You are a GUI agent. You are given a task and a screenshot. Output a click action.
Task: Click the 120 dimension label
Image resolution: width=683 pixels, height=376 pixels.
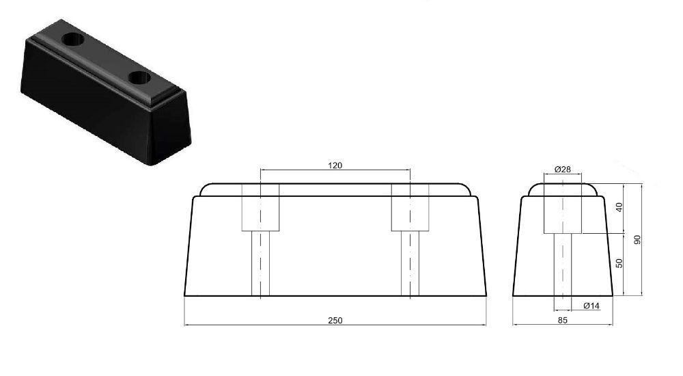[335, 165]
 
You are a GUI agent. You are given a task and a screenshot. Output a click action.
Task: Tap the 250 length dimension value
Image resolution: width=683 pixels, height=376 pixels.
[335, 320]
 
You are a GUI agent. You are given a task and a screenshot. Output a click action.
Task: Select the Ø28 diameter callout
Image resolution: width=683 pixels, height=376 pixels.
[563, 169]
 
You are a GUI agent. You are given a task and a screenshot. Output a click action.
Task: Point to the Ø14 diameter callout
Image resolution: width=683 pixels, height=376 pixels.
[591, 306]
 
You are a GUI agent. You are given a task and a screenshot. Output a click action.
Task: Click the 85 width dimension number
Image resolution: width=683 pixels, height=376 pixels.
[562, 320]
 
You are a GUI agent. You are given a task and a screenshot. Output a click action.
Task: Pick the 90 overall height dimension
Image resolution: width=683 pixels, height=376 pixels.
[638, 240]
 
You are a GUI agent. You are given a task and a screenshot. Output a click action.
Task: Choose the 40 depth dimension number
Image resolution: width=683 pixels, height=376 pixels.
[619, 208]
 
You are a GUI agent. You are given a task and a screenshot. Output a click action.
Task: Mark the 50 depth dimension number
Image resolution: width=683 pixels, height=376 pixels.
[619, 264]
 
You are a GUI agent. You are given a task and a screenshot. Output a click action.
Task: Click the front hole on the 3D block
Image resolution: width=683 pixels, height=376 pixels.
[139, 77]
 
